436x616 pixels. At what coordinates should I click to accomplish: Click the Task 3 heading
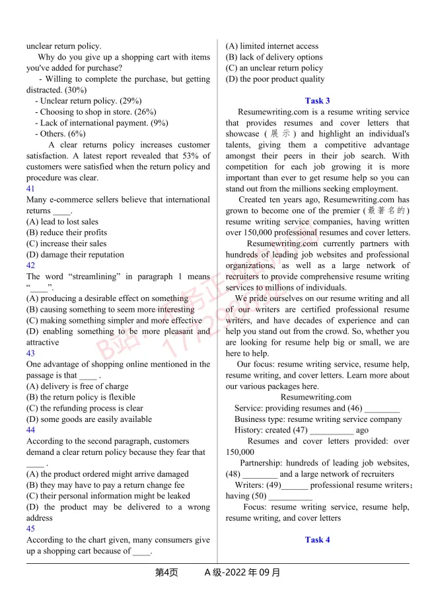click(x=317, y=101)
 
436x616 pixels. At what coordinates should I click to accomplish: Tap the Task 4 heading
click(x=317, y=540)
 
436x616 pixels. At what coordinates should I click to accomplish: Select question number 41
click(x=31, y=189)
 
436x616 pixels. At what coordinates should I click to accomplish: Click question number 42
click(x=31, y=265)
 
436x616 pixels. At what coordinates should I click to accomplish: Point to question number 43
click(x=31, y=353)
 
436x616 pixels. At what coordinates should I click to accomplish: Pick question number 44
click(x=31, y=430)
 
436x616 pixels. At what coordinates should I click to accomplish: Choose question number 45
click(x=31, y=529)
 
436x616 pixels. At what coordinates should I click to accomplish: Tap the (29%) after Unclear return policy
click(x=131, y=101)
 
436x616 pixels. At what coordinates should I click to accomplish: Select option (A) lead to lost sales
click(x=62, y=222)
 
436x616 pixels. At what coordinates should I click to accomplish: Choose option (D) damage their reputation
click(x=75, y=255)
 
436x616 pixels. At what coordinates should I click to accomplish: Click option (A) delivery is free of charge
click(x=77, y=386)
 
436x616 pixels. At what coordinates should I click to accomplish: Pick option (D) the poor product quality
click(x=275, y=79)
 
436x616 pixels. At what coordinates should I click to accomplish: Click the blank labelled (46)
click(x=382, y=409)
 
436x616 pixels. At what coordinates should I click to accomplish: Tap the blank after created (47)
click(x=331, y=430)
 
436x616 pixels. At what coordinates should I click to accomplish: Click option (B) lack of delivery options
click(x=274, y=57)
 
